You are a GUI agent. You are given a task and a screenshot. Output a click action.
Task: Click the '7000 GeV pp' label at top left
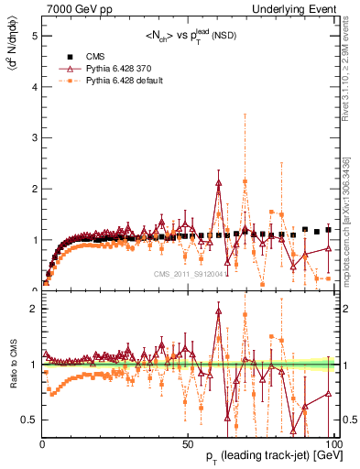click(x=74, y=9)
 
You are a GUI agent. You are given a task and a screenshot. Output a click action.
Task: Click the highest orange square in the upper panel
click(x=245, y=181)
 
